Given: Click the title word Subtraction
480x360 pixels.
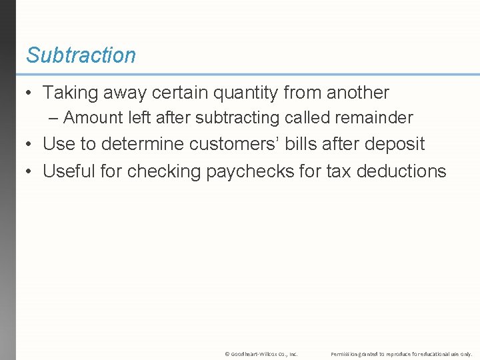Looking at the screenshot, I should (x=81, y=55).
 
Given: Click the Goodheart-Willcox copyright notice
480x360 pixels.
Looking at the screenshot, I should (x=261, y=353).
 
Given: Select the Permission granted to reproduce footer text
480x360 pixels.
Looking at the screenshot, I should (x=401, y=353).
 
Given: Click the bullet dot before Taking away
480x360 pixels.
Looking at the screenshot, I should (x=30, y=93).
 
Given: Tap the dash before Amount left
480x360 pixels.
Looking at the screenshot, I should (x=54, y=119).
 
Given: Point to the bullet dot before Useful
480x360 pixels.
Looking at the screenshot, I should (x=30, y=171).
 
